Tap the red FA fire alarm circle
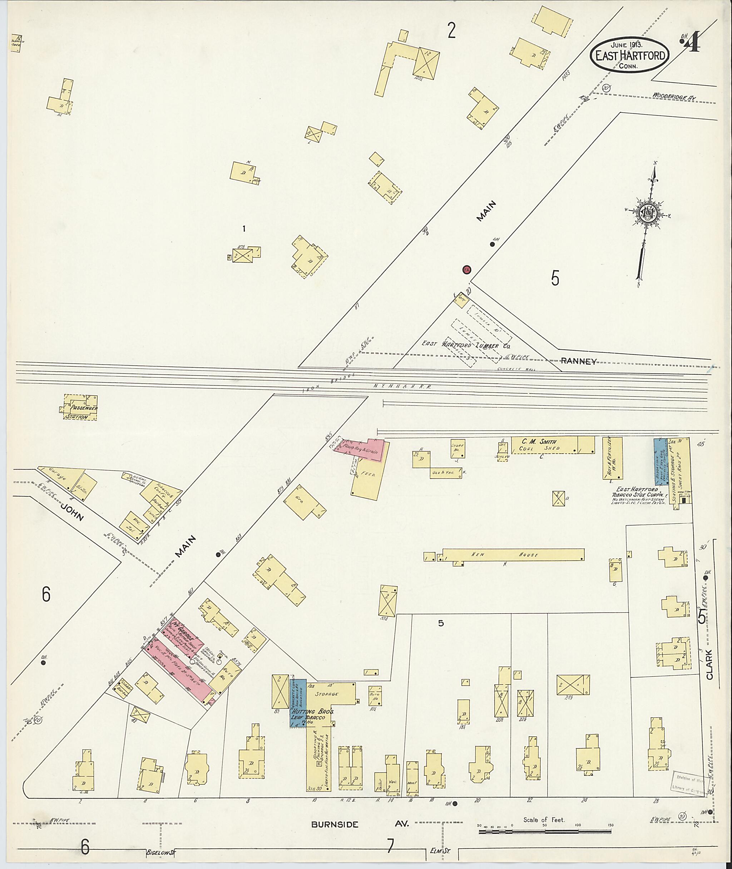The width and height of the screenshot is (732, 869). (x=467, y=270)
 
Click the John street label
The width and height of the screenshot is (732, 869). (x=73, y=511)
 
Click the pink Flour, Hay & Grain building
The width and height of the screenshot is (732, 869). (x=362, y=449)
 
